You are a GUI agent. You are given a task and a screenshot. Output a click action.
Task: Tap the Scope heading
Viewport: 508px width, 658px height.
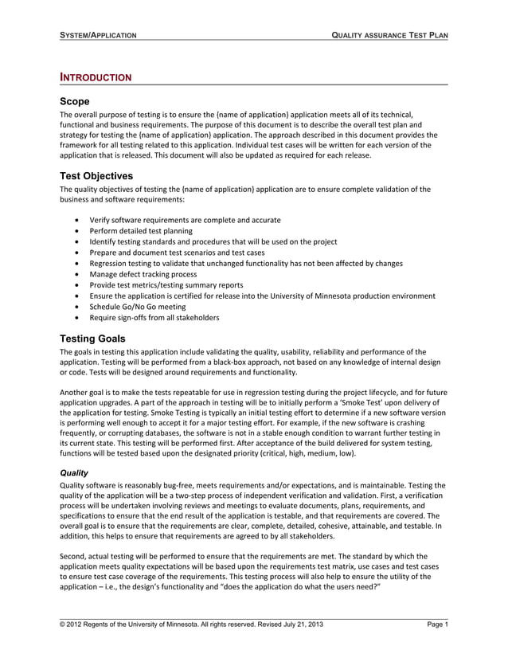click(x=75, y=102)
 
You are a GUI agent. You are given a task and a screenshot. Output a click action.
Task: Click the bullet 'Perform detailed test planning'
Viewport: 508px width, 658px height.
click(x=145, y=231)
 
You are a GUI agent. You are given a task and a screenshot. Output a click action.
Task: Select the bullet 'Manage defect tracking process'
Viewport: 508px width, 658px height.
click(x=143, y=274)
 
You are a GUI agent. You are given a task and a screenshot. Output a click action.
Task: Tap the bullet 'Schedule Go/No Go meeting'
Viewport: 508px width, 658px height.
click(x=137, y=307)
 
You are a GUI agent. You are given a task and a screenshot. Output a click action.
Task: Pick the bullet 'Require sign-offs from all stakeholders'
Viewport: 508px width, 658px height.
click(x=154, y=318)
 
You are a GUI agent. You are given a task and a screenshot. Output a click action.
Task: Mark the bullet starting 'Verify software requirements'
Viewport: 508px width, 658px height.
click(x=184, y=220)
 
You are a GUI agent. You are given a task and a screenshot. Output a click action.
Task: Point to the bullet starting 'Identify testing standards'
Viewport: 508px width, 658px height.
click(x=213, y=241)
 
